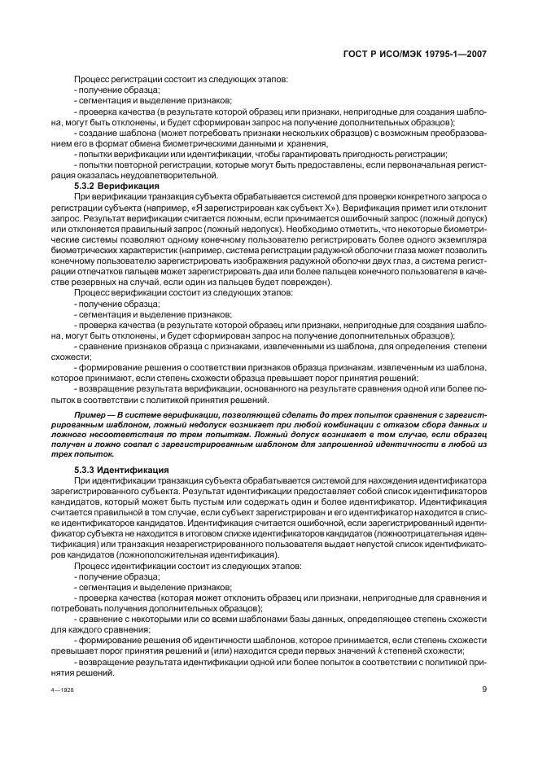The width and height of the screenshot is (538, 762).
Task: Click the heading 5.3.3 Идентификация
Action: point(121,470)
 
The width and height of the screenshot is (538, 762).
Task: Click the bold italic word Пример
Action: point(90,415)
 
